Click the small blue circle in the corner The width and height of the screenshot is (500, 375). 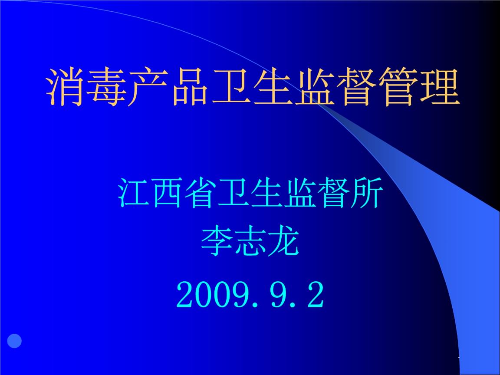(x=14, y=341)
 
